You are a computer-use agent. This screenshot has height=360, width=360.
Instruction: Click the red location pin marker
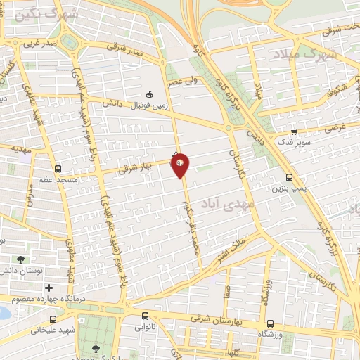[181, 165]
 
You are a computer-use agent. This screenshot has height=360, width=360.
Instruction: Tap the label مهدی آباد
[237, 202]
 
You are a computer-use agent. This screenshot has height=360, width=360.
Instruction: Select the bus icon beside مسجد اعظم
[58, 169]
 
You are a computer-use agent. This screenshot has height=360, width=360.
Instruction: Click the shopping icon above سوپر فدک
[294, 131]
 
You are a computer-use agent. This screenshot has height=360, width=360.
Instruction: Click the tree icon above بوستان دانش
[20, 260]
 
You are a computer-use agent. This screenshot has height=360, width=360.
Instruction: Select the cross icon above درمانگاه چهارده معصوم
[49, 288]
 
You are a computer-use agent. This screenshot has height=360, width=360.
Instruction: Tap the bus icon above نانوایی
[145, 316]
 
